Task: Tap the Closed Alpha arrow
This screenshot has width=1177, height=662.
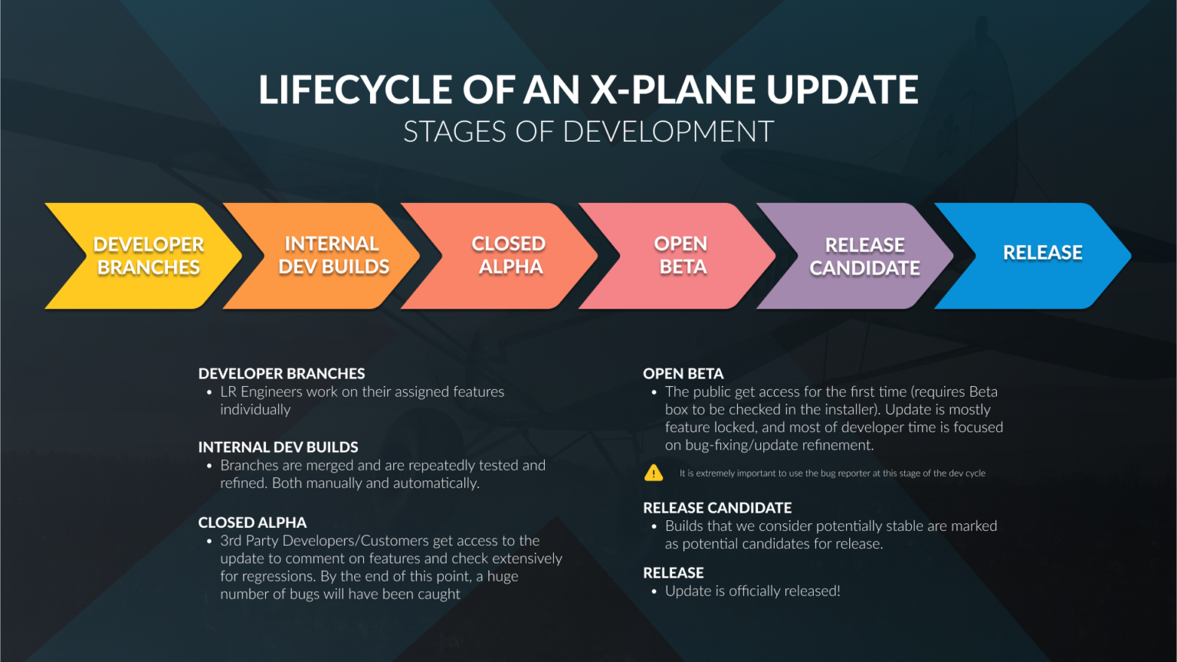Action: [x=509, y=256]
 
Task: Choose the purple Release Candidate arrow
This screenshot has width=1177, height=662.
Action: [x=864, y=256]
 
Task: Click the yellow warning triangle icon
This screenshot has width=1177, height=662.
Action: [x=654, y=473]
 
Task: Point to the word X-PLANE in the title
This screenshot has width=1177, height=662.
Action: [x=675, y=90]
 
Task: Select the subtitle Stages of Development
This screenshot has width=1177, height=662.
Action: [x=588, y=132]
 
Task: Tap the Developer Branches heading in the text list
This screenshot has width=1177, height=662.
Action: [x=281, y=374]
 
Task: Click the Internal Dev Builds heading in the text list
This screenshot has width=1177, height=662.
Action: [x=278, y=447]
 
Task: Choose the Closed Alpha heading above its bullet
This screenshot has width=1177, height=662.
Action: [x=252, y=523]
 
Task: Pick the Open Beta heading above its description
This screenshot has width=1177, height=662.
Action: [x=683, y=374]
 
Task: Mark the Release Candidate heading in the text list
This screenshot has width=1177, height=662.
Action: [x=717, y=508]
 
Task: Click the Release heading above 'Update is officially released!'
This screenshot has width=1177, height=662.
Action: [x=673, y=573]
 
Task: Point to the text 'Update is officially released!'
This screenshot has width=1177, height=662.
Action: [x=752, y=592]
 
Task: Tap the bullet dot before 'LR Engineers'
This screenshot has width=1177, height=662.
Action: [x=209, y=392]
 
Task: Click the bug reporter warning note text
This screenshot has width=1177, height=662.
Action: [x=832, y=474]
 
